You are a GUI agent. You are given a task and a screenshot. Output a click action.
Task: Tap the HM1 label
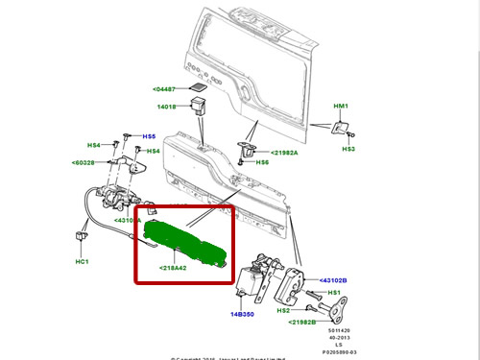click(x=341, y=107)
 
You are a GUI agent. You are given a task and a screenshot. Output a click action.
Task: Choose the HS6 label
click(x=262, y=163)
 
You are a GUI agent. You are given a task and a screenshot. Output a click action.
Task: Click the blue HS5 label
click(x=149, y=136)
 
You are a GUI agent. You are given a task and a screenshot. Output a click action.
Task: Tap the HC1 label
click(x=82, y=261)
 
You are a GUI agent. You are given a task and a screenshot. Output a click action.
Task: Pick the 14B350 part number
click(x=241, y=313)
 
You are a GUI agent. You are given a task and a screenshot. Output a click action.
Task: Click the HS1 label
click(x=335, y=292)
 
